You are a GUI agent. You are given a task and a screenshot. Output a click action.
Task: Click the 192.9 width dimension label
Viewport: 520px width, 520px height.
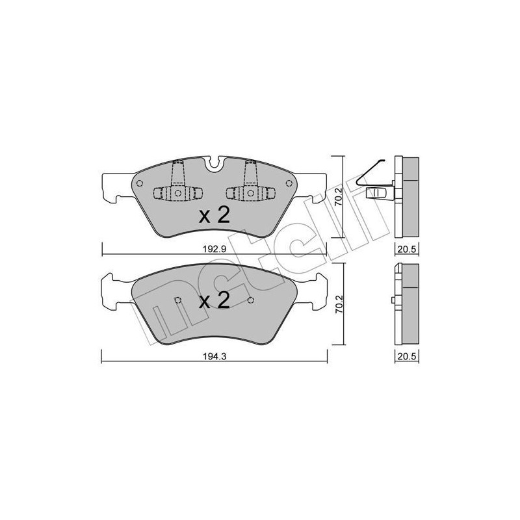point(214,249)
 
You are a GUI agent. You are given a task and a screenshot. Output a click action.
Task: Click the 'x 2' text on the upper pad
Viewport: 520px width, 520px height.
point(214,216)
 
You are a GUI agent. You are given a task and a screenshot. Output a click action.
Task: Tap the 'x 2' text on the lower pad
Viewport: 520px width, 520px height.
point(214,300)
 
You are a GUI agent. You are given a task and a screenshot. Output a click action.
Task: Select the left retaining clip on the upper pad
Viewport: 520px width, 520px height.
point(177,188)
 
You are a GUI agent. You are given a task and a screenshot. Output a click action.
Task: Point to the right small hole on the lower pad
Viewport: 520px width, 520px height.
point(250,300)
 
